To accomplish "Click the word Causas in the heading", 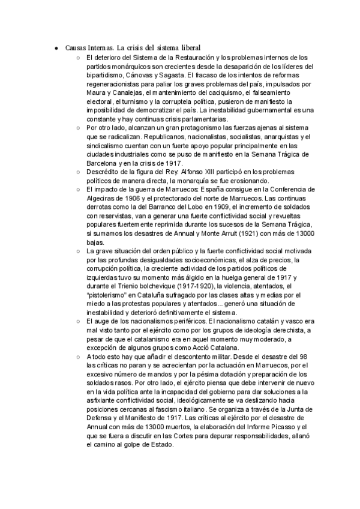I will pos(74,47).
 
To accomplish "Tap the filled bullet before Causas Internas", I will pos(55,47).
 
